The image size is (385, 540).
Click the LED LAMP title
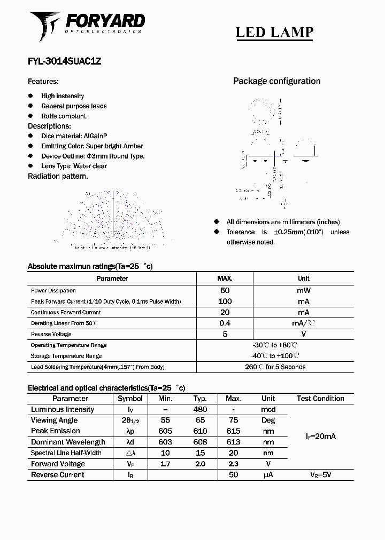(x=274, y=32)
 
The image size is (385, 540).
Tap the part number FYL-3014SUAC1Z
(x=64, y=61)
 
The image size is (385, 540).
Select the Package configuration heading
(x=276, y=81)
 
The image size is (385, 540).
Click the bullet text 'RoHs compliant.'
(x=64, y=116)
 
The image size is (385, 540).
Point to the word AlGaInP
(x=99, y=136)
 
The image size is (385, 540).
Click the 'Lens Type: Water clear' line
(x=74, y=166)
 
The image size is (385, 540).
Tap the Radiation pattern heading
(x=58, y=176)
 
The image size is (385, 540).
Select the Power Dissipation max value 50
(x=225, y=290)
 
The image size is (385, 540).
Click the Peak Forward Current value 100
(x=225, y=301)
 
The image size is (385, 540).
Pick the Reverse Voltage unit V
(x=303, y=334)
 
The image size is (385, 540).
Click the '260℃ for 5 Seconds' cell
(x=275, y=367)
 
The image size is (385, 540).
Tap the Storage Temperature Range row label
(x=66, y=356)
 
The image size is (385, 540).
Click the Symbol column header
(x=130, y=399)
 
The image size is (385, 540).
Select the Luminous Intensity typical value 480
(x=200, y=410)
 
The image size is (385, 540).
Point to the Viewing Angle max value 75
(x=233, y=420)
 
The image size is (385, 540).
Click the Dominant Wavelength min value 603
(x=165, y=442)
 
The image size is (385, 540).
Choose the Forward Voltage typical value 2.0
(x=200, y=464)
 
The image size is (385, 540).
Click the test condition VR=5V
(x=321, y=474)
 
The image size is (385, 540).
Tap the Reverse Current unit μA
(x=268, y=474)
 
